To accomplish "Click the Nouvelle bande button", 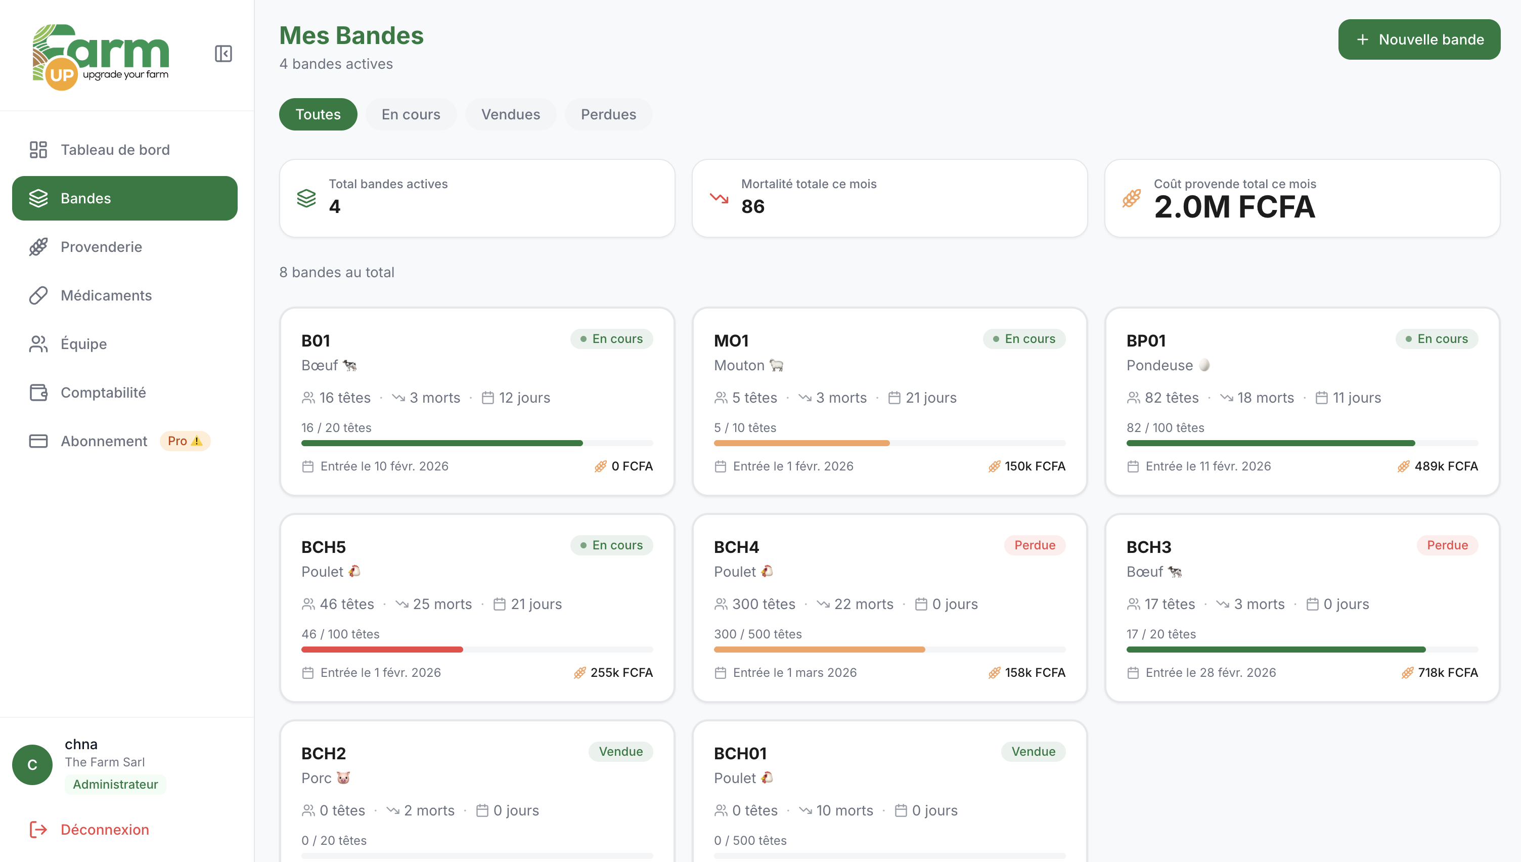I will tap(1419, 39).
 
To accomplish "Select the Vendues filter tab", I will tap(510, 114).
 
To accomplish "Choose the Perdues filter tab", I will tap(608, 114).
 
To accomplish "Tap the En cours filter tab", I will tap(411, 114).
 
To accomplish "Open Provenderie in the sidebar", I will tap(101, 247).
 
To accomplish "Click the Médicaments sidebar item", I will tap(106, 295).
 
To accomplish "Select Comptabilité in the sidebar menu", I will tap(103, 393).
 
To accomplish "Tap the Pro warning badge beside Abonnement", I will tap(185, 441).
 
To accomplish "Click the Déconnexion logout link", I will tap(104, 830).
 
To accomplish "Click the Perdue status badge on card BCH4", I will tap(1034, 545).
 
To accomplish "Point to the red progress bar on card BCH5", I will tap(382, 650).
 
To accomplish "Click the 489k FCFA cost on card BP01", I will tap(1445, 466).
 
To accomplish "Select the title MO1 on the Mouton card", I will tap(731, 341).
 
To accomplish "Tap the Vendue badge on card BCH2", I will tap(620, 751).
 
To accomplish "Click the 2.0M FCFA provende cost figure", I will tap(1234, 207).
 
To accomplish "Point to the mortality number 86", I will tap(752, 206).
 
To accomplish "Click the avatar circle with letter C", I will tap(32, 764).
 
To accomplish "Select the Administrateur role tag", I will tap(115, 785).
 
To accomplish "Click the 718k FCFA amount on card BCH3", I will tap(1447, 672).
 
